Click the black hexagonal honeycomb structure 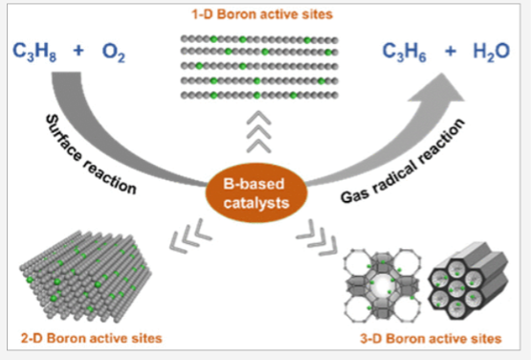pos(458,282)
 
